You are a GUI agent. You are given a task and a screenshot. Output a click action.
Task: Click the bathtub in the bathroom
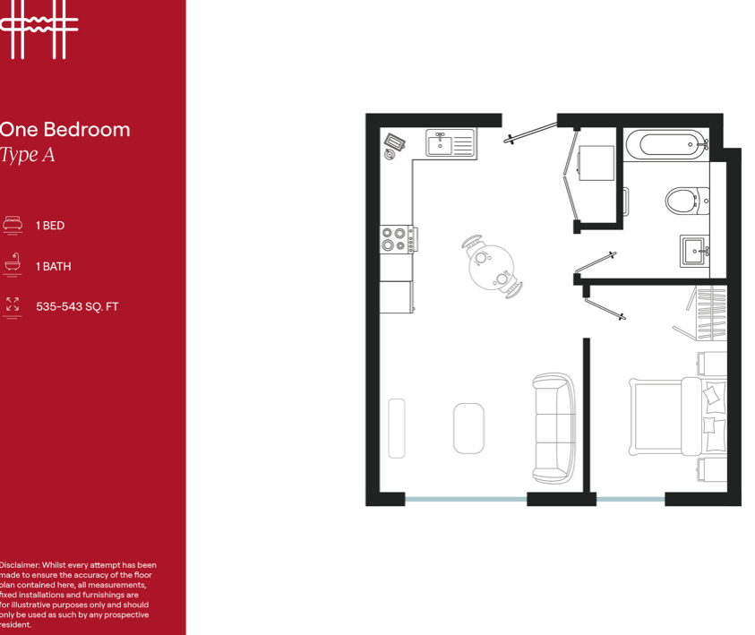click(665, 142)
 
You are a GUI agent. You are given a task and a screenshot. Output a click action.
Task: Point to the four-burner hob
click(395, 239)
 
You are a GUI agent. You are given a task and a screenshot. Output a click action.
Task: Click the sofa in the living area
click(553, 428)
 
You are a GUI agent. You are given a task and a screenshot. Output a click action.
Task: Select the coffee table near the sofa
click(468, 428)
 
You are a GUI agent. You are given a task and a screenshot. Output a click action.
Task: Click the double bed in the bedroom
click(677, 416)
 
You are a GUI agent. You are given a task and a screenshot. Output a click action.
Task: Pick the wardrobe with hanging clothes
click(712, 313)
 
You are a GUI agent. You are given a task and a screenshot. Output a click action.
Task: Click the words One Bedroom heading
click(64, 130)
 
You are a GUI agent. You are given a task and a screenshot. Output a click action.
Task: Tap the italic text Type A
click(28, 155)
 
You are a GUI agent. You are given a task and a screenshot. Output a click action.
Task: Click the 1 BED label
click(50, 226)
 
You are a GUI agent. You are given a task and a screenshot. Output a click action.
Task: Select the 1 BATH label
click(54, 267)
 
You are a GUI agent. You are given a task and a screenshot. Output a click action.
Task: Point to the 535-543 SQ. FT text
click(77, 306)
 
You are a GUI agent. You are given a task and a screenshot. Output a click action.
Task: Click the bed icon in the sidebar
click(12, 225)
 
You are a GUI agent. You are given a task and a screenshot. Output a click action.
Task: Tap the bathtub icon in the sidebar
click(12, 265)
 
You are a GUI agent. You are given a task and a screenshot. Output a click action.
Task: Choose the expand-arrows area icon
click(12, 305)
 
